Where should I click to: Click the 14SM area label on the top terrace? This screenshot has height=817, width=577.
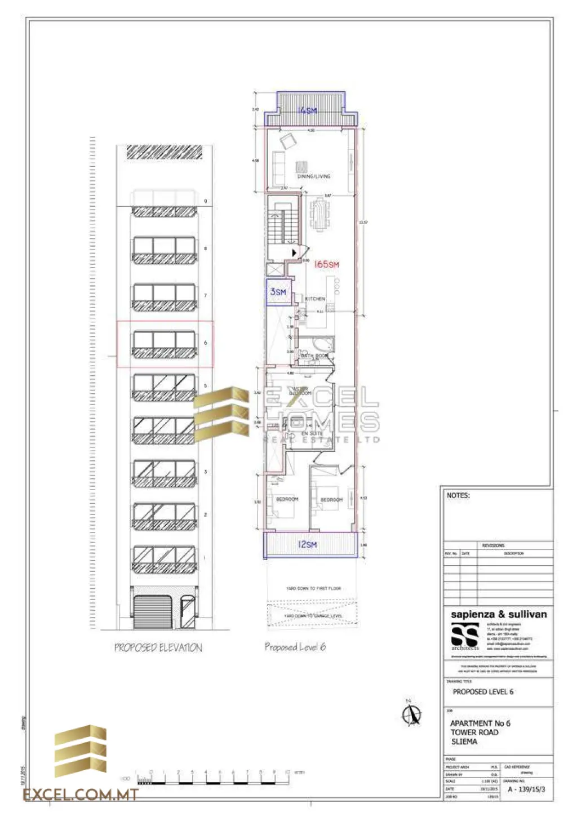pos(308,110)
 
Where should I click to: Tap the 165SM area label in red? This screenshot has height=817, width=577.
pos(326,264)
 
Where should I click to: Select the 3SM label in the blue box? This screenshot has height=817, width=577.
pos(278,292)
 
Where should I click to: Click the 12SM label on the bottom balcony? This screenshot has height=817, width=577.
pos(307,545)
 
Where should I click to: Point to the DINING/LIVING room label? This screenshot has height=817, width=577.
pos(314,176)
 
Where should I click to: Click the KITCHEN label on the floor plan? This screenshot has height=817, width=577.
pos(315,299)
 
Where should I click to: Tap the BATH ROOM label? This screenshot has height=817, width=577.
pos(314,356)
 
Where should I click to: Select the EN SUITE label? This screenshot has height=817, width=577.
pos(312,433)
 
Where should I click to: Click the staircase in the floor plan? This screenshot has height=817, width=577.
pos(281,225)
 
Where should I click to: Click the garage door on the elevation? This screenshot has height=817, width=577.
pos(152,612)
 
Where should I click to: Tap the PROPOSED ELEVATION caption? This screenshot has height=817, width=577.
pos(158,648)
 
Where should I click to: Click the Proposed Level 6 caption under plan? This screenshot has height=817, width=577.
pos(295,647)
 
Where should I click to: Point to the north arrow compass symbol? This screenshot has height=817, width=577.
pos(411,714)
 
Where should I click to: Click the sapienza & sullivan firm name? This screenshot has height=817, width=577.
pos(498,614)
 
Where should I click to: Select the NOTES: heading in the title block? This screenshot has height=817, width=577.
pos(458,495)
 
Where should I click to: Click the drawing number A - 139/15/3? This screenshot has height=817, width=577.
pos(526,789)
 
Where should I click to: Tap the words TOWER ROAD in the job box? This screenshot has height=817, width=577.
pos(474,732)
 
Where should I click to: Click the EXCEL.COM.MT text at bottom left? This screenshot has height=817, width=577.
pos(81,795)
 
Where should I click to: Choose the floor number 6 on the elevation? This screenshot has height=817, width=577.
pos(206,343)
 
